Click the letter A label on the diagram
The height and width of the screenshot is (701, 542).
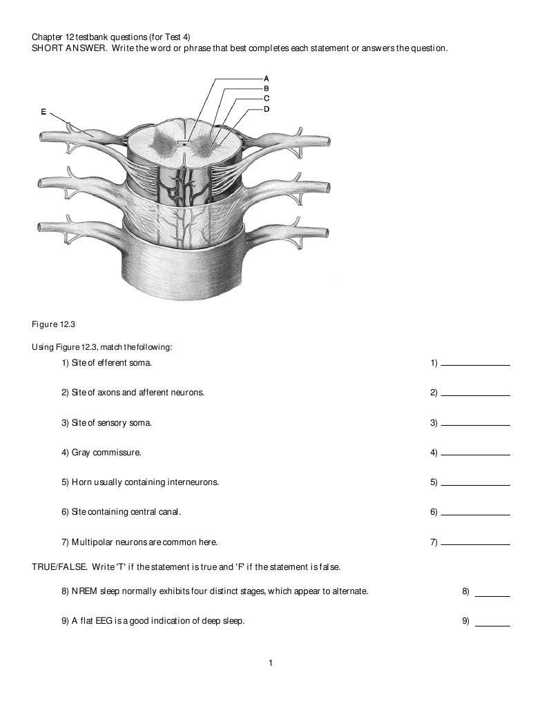coord(267,79)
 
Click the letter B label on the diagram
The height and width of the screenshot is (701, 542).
coord(267,88)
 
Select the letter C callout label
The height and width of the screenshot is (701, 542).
coord(267,98)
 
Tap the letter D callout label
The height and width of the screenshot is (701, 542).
coord(267,108)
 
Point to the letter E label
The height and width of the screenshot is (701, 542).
coord(44,110)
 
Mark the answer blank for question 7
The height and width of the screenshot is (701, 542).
coord(475,544)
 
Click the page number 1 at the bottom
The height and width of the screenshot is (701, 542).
coord(271,663)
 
